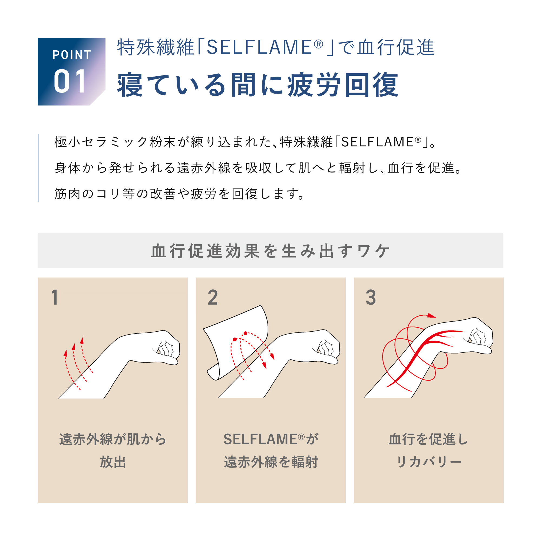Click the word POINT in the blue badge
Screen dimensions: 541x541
pyautogui.click(x=72, y=55)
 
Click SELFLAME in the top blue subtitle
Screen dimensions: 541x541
pyautogui.click(x=259, y=47)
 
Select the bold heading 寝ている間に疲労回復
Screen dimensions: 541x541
pyautogui.click(x=258, y=85)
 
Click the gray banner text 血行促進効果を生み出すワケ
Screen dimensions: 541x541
pyautogui.click(x=270, y=251)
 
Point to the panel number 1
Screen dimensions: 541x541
pyautogui.click(x=55, y=297)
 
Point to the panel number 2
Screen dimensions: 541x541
pyautogui.click(x=213, y=297)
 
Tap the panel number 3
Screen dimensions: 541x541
pyautogui.click(x=371, y=297)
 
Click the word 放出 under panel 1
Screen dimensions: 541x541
pyautogui.click(x=113, y=462)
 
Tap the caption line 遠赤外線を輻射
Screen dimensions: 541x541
pyautogui.click(x=271, y=462)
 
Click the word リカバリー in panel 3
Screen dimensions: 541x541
pyautogui.click(x=429, y=462)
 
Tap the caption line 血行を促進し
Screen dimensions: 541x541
pyautogui.click(x=429, y=439)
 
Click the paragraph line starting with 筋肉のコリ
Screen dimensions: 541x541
pyautogui.click(x=179, y=194)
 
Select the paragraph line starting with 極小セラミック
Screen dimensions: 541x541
pyautogui.click(x=245, y=142)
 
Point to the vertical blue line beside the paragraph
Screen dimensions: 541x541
pyautogui.click(x=38, y=168)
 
